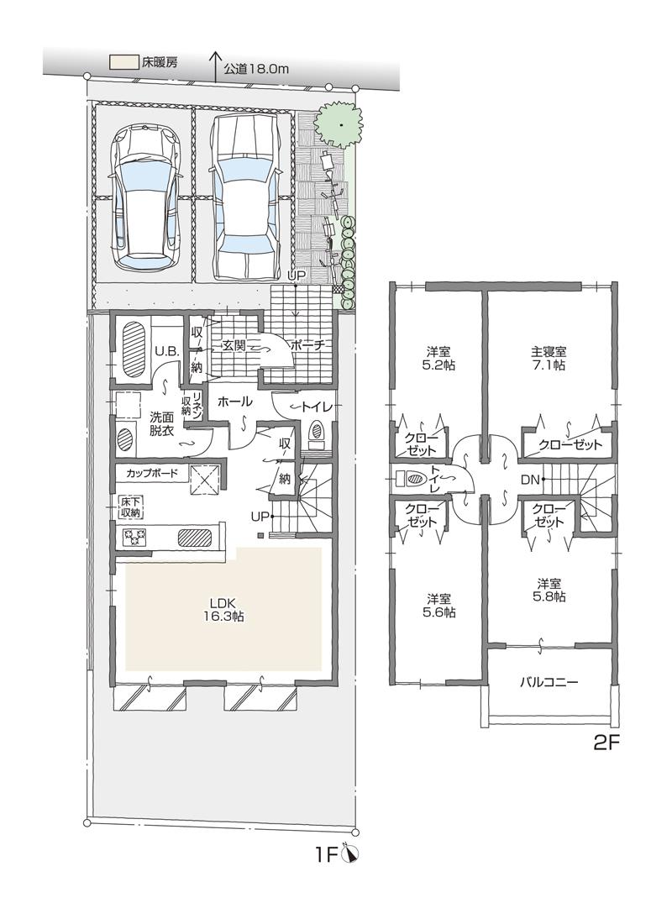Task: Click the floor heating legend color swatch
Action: point(123,62)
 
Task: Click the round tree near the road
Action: point(340,125)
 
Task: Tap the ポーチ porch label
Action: point(307,345)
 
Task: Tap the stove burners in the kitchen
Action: point(134,537)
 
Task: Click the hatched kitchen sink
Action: point(195,538)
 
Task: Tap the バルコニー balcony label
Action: point(548,682)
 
